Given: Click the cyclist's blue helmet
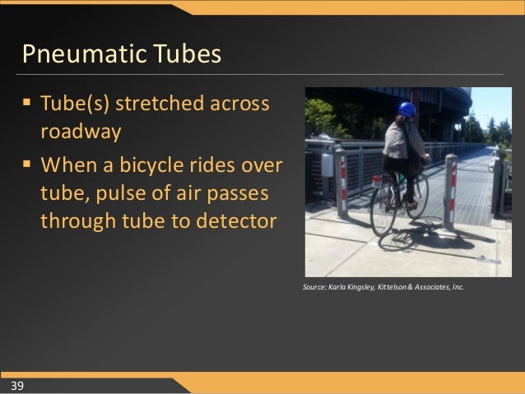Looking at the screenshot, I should tap(407, 109).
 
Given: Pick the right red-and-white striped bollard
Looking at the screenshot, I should tap(450, 191).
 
